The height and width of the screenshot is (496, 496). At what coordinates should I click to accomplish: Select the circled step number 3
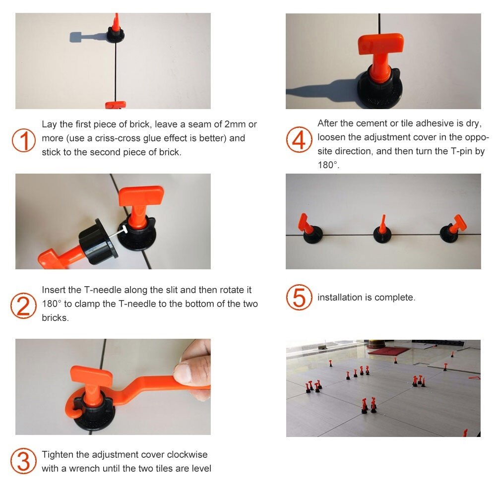(x=24, y=461)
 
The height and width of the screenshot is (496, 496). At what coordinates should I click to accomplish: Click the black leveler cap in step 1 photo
(x=118, y=35)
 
